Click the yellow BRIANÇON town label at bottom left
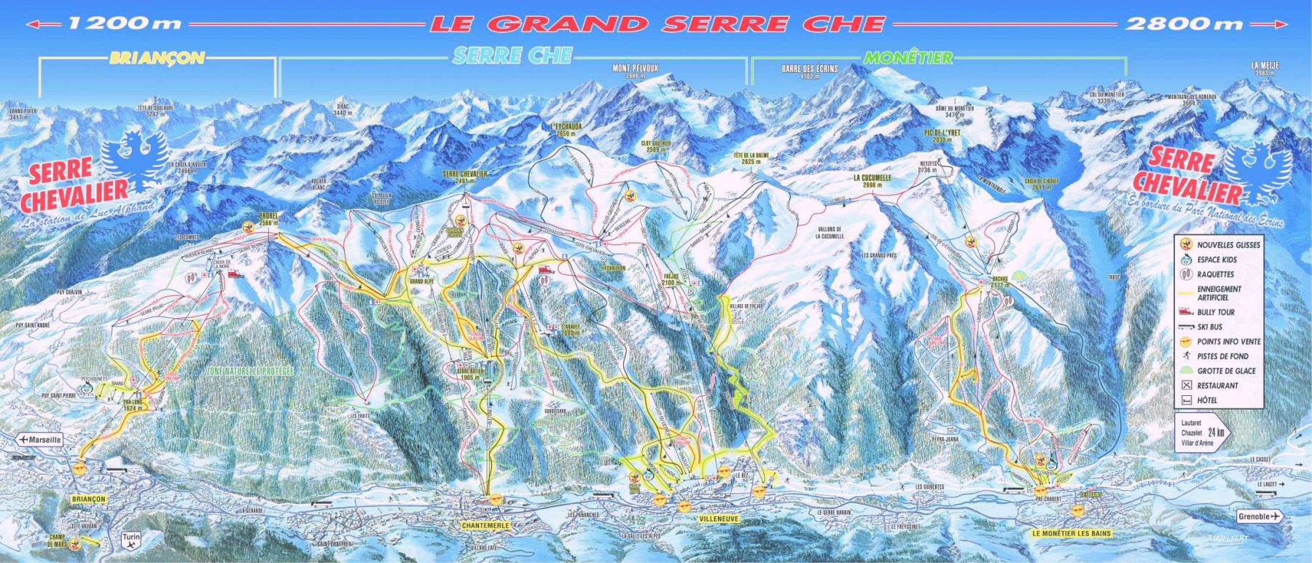click(x=90, y=499)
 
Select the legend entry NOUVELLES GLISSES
click(x=1217, y=245)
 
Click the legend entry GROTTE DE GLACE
click(x=1217, y=371)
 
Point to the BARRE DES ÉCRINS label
click(x=809, y=71)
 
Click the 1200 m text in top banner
click(x=124, y=23)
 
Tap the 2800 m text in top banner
click(x=1184, y=23)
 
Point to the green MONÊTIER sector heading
click(x=907, y=58)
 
